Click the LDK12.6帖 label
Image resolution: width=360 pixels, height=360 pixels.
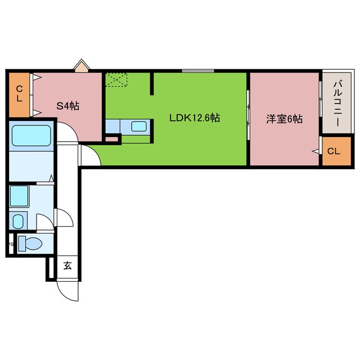tap(195, 119)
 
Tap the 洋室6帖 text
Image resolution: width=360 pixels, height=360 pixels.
tap(285, 119)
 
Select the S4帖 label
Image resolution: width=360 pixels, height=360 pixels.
tap(67, 105)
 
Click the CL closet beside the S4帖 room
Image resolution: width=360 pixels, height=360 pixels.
tap(19, 94)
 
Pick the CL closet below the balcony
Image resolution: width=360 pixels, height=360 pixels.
tap(334, 151)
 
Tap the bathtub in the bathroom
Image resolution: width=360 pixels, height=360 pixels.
tap(31, 135)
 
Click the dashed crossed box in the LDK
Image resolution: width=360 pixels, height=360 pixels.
tap(117, 79)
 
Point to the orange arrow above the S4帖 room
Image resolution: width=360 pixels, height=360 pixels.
tap(82, 66)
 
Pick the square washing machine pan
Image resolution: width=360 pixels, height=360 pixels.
tap(20, 196)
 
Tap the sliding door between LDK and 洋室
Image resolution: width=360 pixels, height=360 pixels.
tap(248, 112)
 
